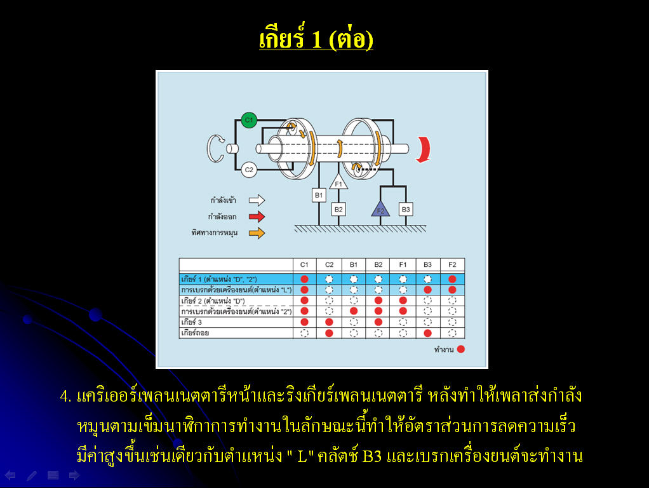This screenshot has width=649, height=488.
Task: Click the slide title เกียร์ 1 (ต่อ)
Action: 316,37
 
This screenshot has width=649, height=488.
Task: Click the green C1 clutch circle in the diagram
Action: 249,120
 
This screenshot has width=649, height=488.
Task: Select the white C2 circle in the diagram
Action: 249,170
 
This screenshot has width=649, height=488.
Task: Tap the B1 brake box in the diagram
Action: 319,195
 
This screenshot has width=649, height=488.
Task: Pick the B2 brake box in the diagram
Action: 338,209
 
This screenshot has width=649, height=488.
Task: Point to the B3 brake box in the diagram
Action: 406,209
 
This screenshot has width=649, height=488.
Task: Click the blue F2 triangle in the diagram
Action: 380,209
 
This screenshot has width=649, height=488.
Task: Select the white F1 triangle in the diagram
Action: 338,182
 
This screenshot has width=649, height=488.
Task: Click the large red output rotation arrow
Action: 424,149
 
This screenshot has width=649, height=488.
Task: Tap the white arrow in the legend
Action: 257,201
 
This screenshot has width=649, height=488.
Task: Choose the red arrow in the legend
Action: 257,217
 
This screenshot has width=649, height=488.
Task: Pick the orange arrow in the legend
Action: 257,233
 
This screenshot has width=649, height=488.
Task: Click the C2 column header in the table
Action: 329,265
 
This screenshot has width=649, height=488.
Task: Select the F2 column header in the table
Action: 452,265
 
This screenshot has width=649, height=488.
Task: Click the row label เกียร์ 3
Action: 192,322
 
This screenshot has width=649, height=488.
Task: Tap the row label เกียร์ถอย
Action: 195,333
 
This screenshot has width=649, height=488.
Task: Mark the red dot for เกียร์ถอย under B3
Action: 427,333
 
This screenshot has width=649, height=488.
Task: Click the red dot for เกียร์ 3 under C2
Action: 329,322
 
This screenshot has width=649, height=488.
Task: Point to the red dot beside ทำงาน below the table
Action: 460,349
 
